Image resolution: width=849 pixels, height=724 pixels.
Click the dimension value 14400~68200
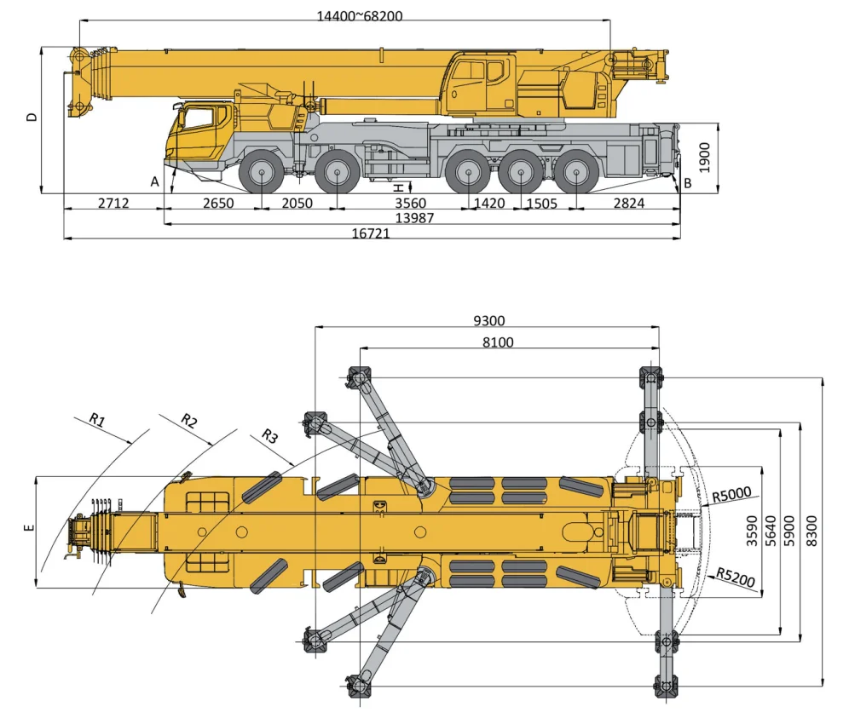348,15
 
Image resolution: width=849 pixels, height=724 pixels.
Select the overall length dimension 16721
371,233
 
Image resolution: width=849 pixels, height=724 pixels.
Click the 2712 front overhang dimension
113,203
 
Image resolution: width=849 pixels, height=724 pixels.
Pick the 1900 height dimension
704,158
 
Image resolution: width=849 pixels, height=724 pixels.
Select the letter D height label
32,117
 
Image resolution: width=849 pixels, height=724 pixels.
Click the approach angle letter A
155,181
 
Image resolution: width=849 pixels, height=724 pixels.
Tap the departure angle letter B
688,182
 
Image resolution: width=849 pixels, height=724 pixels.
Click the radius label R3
269,437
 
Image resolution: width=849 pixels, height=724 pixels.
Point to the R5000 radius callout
732,493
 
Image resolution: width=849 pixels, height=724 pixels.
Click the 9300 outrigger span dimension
489,321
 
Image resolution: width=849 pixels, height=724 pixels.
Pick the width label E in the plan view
29,529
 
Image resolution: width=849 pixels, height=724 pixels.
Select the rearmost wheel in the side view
576,174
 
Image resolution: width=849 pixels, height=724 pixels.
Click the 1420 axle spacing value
489,203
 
